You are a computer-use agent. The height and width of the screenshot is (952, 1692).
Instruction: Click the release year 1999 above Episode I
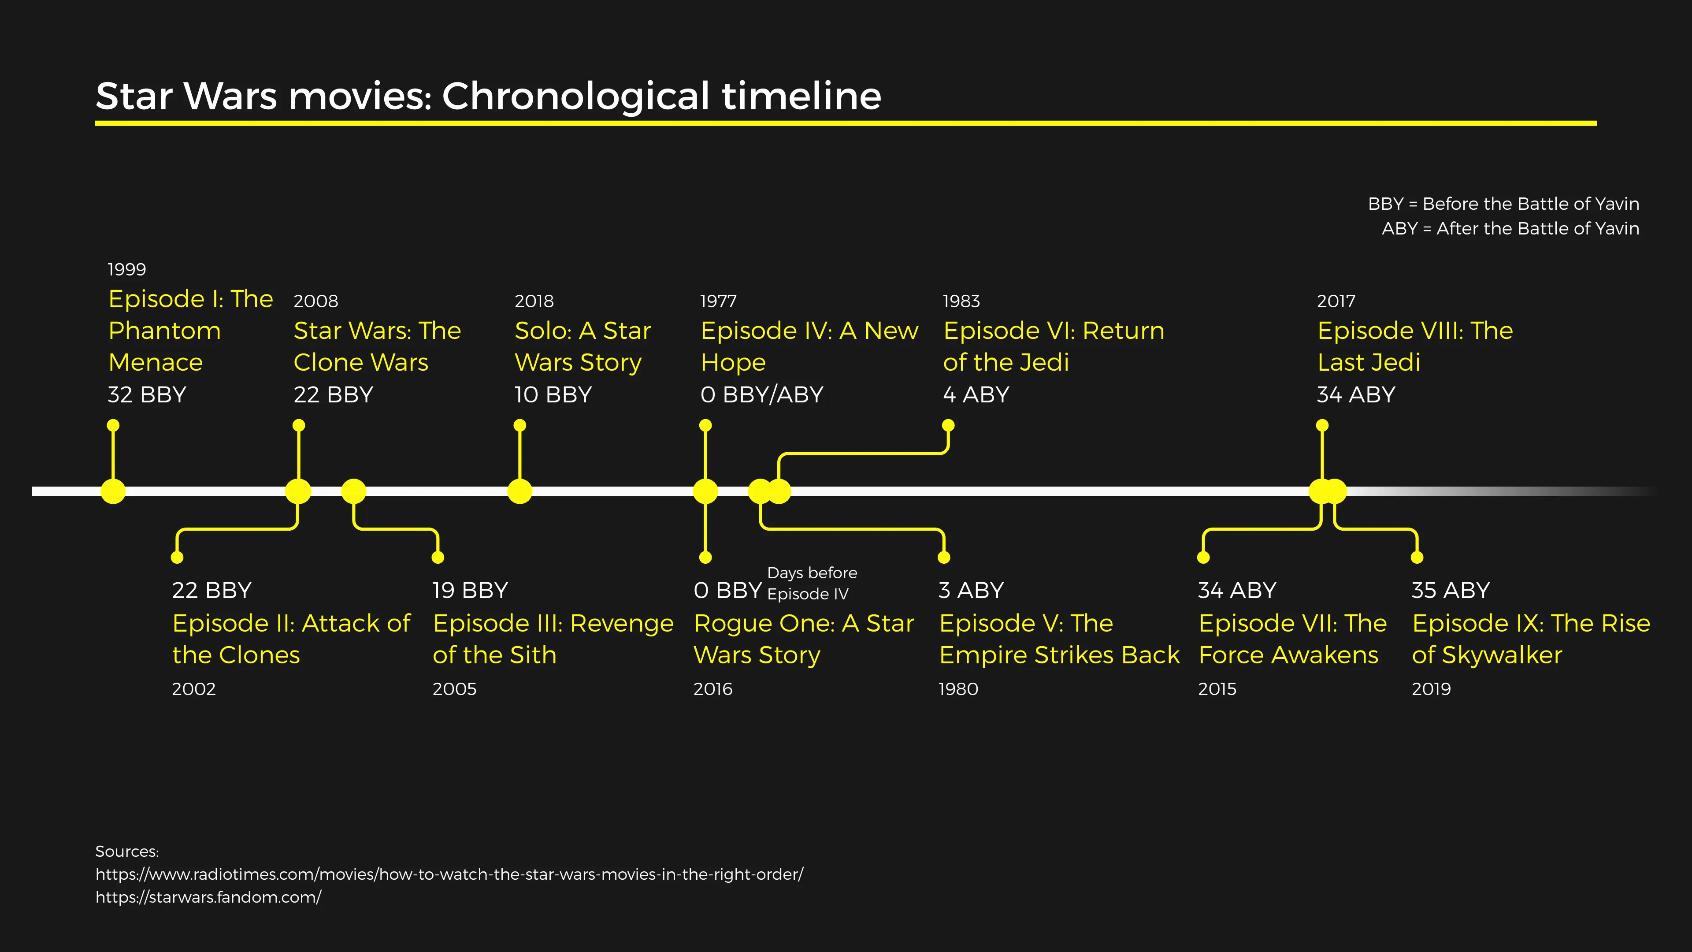[x=127, y=269]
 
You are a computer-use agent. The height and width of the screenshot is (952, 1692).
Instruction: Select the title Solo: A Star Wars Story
[x=582, y=346]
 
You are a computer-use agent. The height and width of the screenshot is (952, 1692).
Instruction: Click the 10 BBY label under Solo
[x=553, y=395]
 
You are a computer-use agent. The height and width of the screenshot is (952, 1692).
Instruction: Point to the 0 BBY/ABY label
[x=761, y=395]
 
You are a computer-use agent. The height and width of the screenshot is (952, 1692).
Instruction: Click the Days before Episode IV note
[x=811, y=584]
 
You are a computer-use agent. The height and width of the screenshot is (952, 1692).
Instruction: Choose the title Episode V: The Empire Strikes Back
[x=1059, y=639]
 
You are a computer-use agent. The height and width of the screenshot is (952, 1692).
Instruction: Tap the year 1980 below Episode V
[x=958, y=689]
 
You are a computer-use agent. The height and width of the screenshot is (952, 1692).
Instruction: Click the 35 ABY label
[x=1450, y=591]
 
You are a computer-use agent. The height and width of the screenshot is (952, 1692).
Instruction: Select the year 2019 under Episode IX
[x=1431, y=689]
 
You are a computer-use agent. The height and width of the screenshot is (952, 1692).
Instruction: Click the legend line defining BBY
[x=1503, y=205]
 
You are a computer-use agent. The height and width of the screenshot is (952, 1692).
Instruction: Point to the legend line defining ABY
[x=1510, y=229]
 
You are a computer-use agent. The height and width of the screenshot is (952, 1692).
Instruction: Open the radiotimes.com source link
[x=449, y=874]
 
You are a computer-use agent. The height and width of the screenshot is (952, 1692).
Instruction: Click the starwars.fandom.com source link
[x=208, y=897]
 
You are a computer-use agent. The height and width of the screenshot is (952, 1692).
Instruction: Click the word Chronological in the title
[x=576, y=96]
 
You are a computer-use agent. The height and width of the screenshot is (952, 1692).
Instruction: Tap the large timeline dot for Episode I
[x=113, y=491]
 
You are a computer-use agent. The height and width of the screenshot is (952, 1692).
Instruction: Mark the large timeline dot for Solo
[x=519, y=491]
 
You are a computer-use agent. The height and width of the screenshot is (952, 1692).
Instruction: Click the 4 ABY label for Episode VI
[x=976, y=395]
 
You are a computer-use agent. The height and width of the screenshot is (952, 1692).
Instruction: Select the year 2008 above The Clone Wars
[x=316, y=301]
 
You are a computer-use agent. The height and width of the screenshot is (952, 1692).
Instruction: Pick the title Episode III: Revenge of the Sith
[x=553, y=639]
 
